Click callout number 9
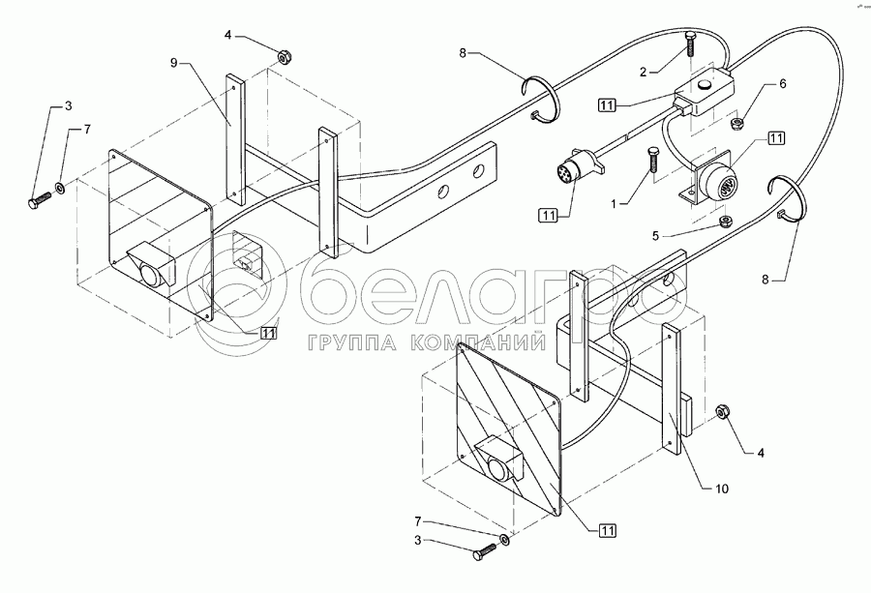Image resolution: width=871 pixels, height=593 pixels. [x=174, y=62]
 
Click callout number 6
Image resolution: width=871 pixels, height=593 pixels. [x=782, y=83]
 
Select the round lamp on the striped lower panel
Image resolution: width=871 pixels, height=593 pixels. [x=498, y=470]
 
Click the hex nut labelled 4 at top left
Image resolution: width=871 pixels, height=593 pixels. [x=285, y=57]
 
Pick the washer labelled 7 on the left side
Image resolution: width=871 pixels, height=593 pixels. [x=60, y=188]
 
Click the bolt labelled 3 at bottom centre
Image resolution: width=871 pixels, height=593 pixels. [x=484, y=554]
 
